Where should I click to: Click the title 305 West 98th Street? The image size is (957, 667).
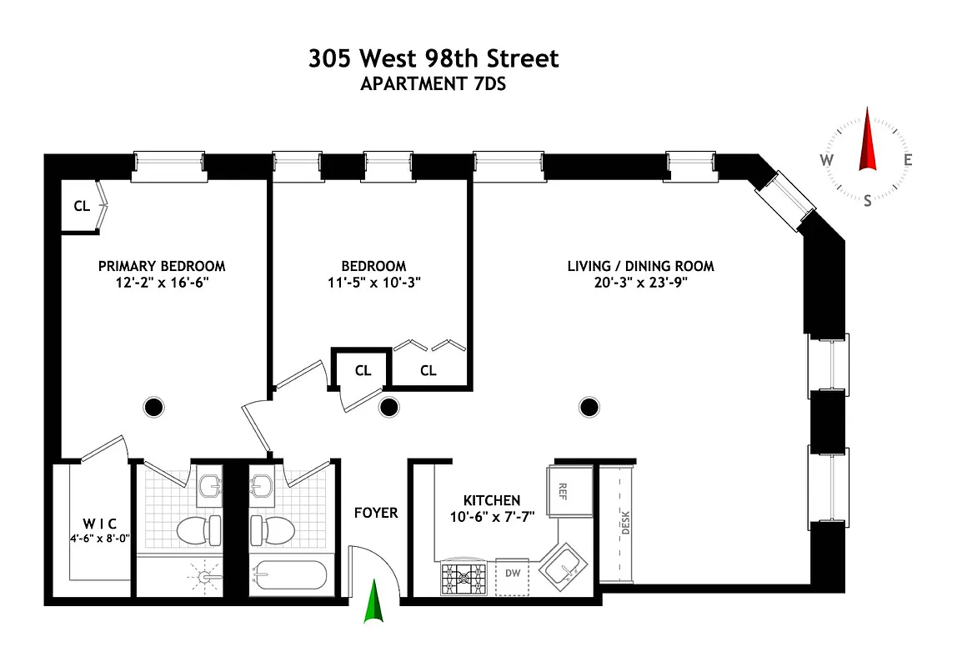click(x=433, y=59)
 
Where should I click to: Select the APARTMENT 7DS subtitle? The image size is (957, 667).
click(x=433, y=83)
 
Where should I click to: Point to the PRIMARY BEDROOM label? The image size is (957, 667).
click(x=162, y=266)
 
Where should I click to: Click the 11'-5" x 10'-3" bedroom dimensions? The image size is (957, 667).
click(x=373, y=282)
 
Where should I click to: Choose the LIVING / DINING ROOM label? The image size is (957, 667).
click(x=640, y=266)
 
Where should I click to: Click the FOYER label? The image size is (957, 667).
click(x=375, y=512)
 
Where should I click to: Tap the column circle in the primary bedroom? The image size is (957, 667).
click(x=153, y=407)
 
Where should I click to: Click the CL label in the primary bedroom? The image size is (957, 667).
click(x=82, y=207)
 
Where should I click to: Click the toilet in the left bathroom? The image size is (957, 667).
click(x=198, y=527)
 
